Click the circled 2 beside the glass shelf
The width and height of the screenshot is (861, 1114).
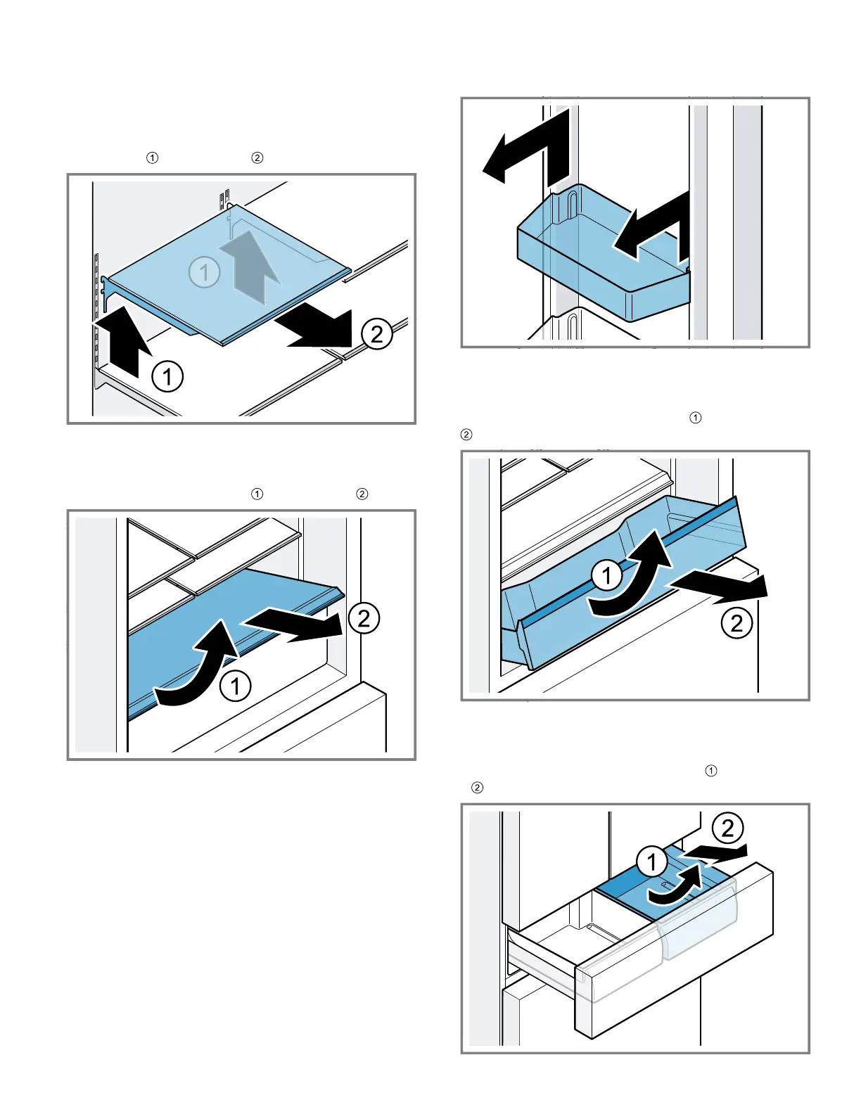point(377,333)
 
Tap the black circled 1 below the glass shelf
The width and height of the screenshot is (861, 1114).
point(167,376)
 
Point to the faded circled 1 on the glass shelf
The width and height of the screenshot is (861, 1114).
point(204,272)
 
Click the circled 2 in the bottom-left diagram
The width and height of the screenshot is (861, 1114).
point(364,618)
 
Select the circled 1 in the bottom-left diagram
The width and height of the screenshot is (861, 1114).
point(236,686)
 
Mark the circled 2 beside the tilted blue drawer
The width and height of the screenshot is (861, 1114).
point(736,623)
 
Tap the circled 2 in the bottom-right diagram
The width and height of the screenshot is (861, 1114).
point(727,828)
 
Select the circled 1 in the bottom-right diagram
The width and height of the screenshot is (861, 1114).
point(651,862)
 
